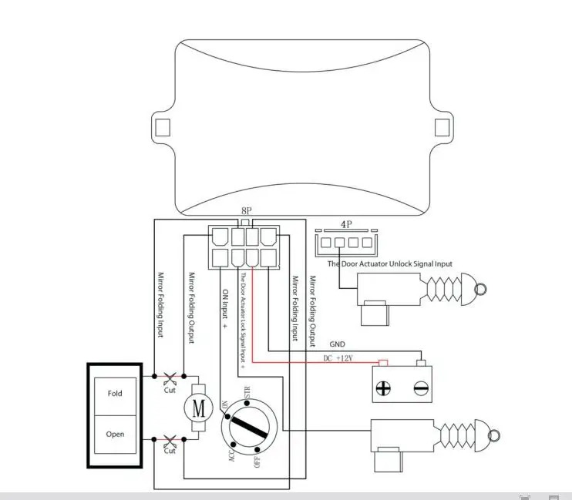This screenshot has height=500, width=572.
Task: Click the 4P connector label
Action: pyautogui.click(x=346, y=226)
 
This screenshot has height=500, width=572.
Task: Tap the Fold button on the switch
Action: pyautogui.click(x=115, y=394)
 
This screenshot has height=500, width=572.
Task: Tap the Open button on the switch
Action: pyautogui.click(x=115, y=434)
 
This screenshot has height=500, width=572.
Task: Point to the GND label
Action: pyautogui.click(x=338, y=344)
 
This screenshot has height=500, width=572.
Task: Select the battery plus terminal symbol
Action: pyautogui.click(x=383, y=388)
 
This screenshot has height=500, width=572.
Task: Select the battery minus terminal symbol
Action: pyautogui.click(x=421, y=388)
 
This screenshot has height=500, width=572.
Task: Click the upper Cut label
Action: pyautogui.click(x=170, y=390)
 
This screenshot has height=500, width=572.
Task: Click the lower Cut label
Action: pyautogui.click(x=170, y=451)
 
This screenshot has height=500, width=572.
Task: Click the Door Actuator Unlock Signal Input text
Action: pyautogui.click(x=390, y=263)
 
